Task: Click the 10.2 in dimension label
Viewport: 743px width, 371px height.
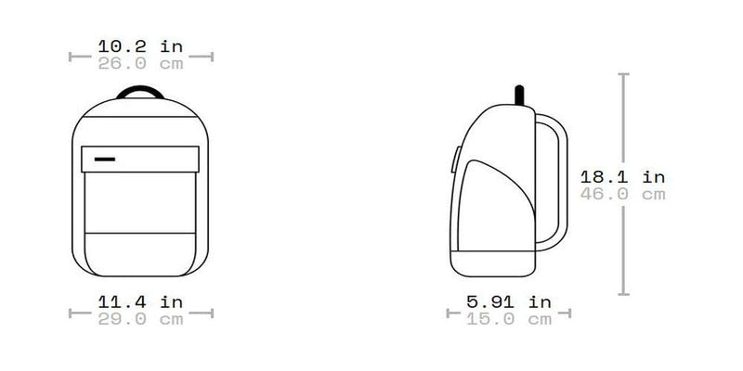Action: point(141,45)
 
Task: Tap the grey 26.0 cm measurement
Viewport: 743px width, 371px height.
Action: point(141,64)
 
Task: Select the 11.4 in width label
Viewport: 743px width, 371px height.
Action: point(141,301)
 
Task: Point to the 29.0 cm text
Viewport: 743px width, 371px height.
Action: point(141,320)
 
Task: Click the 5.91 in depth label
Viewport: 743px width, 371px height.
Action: point(508,301)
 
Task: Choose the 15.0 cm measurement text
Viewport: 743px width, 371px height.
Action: point(508,320)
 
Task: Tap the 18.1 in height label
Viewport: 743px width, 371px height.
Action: point(622,176)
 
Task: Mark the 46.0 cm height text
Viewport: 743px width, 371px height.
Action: point(622,195)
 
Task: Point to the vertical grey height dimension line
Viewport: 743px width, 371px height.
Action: point(624,232)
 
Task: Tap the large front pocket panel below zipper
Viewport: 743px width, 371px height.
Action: point(141,199)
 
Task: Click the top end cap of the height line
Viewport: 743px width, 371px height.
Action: point(624,75)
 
